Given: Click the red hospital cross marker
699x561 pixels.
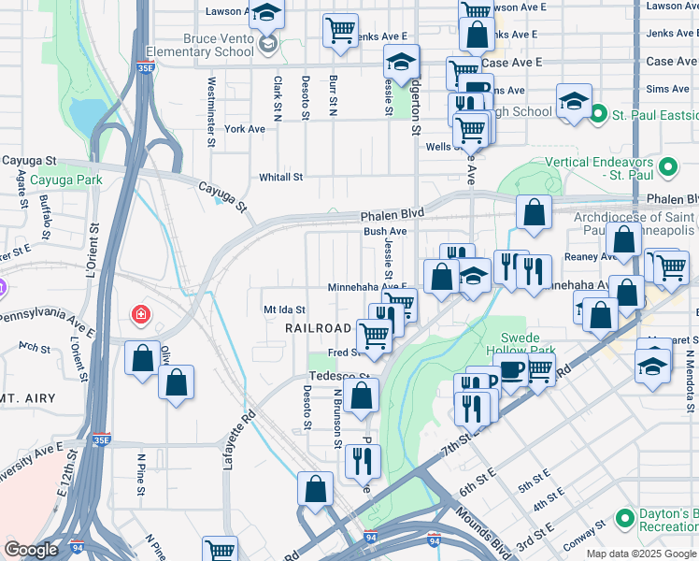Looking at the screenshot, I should (141, 315).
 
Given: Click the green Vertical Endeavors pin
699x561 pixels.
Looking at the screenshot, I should (667, 168).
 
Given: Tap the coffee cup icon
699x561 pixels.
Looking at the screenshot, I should (511, 370).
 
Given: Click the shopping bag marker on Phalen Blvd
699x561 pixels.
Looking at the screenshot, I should (533, 212).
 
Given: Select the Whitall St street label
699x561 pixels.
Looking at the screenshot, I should (281, 177).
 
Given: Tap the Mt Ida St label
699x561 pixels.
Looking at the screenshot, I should (285, 309).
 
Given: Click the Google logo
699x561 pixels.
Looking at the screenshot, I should (32, 550).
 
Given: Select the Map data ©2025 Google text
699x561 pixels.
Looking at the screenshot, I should (640, 554).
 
